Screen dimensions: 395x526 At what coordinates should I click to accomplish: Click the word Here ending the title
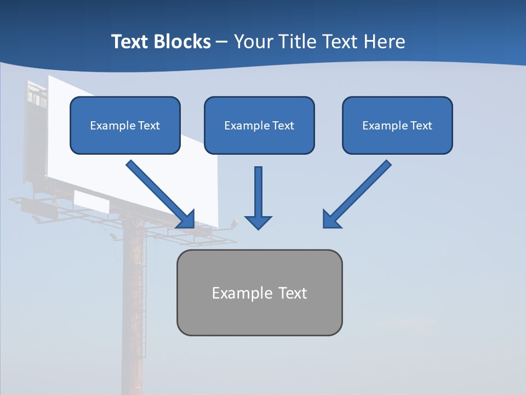coord(386,42)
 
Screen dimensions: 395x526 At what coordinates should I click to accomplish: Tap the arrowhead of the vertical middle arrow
coord(258,221)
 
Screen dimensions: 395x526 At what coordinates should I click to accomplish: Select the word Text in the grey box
coord(293,294)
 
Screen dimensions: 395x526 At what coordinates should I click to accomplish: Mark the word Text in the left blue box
coord(148,126)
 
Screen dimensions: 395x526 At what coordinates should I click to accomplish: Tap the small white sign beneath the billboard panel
coord(91,202)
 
